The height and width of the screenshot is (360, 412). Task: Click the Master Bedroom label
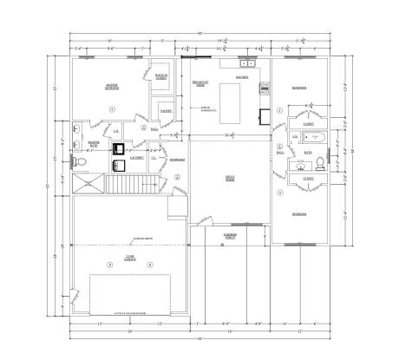(112, 87)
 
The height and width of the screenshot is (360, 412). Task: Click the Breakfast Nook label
(198, 84)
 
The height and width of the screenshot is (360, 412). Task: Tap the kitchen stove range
(265, 88)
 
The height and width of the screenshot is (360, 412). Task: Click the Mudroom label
(177, 160)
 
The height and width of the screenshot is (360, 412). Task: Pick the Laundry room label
(136, 158)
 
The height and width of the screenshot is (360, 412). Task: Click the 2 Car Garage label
(129, 257)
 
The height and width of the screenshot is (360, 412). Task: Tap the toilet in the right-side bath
(319, 162)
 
